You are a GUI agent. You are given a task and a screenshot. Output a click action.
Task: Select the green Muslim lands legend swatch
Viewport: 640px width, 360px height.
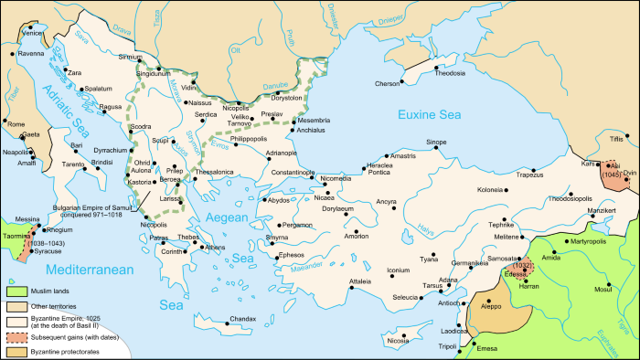[16, 291]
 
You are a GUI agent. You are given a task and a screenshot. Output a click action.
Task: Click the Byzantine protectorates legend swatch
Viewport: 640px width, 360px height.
[16, 351]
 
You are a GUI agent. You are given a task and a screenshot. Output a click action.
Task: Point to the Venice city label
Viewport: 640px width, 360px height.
[34, 33]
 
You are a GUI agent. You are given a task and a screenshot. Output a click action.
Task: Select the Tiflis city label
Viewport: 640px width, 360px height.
[623, 138]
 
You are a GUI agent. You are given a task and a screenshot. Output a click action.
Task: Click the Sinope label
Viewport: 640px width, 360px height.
[437, 143]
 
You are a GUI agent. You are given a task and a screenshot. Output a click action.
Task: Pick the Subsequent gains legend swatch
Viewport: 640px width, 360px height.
[16, 335]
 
